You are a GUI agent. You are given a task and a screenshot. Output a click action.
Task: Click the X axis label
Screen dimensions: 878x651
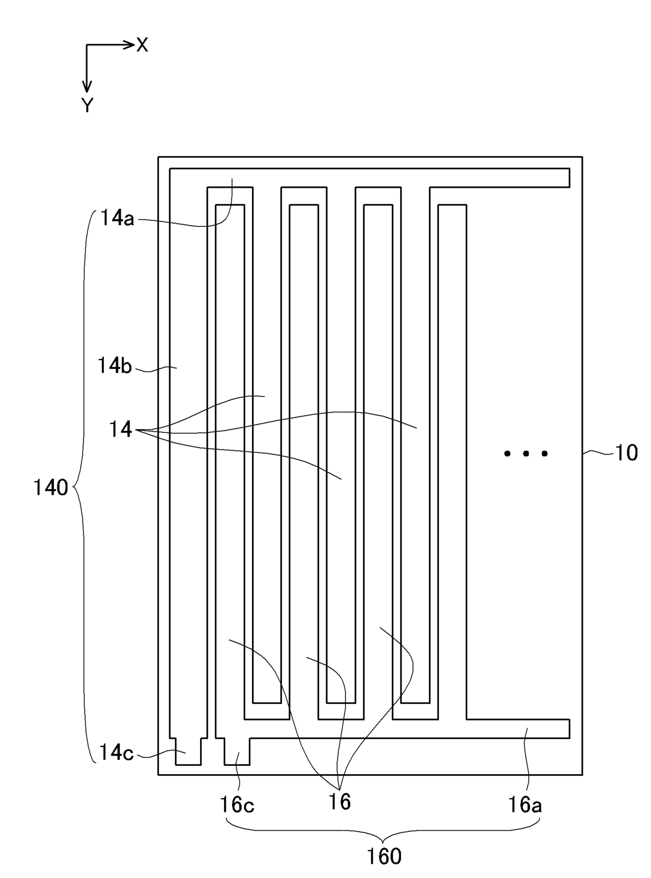[x=142, y=46]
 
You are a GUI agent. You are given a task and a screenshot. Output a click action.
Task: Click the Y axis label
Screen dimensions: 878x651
[x=87, y=106]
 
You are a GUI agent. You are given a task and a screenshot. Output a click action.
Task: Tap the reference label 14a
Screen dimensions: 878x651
[x=117, y=218]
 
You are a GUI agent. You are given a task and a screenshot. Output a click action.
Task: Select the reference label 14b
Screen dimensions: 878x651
[x=114, y=366]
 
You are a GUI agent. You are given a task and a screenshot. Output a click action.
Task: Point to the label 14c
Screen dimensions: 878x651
[x=116, y=753]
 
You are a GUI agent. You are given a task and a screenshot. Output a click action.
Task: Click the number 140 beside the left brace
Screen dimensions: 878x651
[x=50, y=488]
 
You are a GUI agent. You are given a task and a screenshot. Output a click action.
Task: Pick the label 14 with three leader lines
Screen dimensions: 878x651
[x=120, y=429]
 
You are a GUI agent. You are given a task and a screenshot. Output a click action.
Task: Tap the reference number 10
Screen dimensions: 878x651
[x=626, y=453]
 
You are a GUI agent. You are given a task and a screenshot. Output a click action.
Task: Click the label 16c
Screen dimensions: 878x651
[x=237, y=804]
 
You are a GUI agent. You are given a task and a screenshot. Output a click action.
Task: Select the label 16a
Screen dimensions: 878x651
[x=524, y=804]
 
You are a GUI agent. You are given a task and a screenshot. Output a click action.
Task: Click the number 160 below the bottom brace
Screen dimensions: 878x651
[x=384, y=856]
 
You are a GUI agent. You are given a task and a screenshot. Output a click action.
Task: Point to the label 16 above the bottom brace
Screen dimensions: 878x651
[x=339, y=802]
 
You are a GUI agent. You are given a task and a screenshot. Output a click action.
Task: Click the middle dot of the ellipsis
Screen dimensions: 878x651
[x=526, y=453]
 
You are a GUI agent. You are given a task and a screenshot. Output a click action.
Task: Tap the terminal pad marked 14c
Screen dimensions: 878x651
[x=188, y=752]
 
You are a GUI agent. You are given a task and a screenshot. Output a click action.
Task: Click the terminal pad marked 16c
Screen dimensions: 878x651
[x=237, y=752]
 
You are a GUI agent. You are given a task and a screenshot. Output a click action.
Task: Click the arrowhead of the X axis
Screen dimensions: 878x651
[x=129, y=45]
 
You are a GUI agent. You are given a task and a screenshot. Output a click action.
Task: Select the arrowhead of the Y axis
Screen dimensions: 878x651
[x=87, y=87]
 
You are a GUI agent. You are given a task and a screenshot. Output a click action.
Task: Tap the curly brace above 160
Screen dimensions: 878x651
[x=384, y=832]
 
